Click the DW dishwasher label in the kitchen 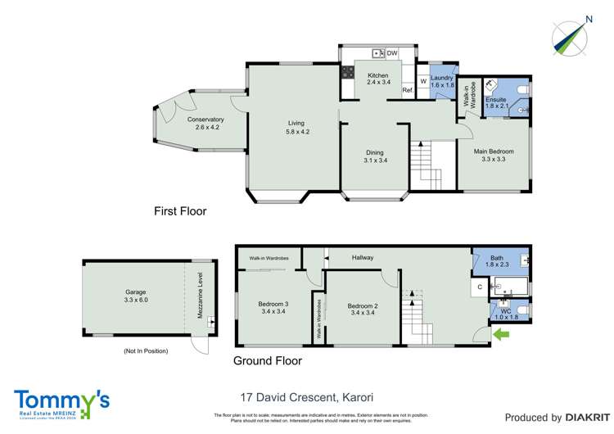[x=392, y=53]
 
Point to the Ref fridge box [x=406, y=91]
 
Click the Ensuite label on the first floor [x=497, y=99]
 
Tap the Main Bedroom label [x=494, y=151]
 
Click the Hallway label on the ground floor [x=363, y=258]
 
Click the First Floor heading [x=180, y=211]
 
